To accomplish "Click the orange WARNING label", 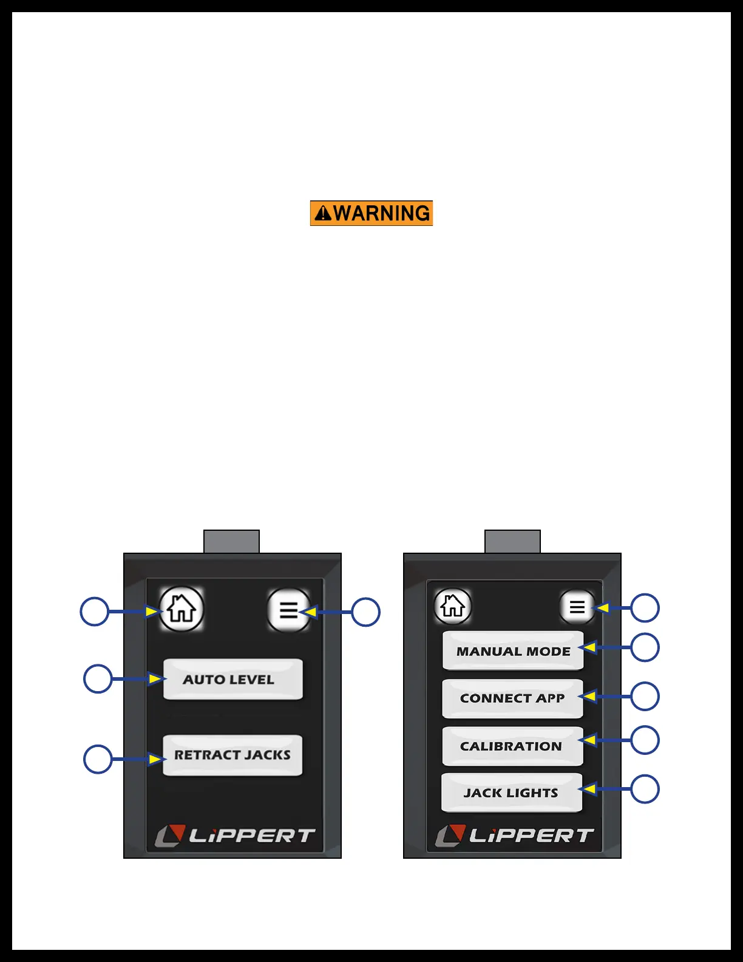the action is click(371, 213).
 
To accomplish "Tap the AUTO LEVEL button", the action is click(232, 679).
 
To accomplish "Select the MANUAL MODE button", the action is click(513, 650).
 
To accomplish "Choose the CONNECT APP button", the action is click(512, 698).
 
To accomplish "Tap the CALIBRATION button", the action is click(512, 746).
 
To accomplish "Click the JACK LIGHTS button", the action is click(512, 793).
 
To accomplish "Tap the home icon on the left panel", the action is click(181, 609).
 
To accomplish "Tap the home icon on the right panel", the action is click(453, 606).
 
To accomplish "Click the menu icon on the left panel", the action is click(288, 610).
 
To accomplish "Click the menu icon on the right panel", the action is click(577, 607).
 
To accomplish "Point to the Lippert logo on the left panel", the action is click(235, 836).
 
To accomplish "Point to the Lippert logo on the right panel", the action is click(515, 836).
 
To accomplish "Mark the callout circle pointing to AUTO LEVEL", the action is click(98, 678).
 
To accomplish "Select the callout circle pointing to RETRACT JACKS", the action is click(98, 759).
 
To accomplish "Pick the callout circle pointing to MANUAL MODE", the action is click(645, 647).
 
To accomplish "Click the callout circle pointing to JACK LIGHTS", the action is click(645, 789).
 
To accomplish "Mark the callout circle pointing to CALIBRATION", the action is click(645, 740).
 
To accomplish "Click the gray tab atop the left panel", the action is click(231, 541).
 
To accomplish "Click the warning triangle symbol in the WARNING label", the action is click(324, 213).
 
